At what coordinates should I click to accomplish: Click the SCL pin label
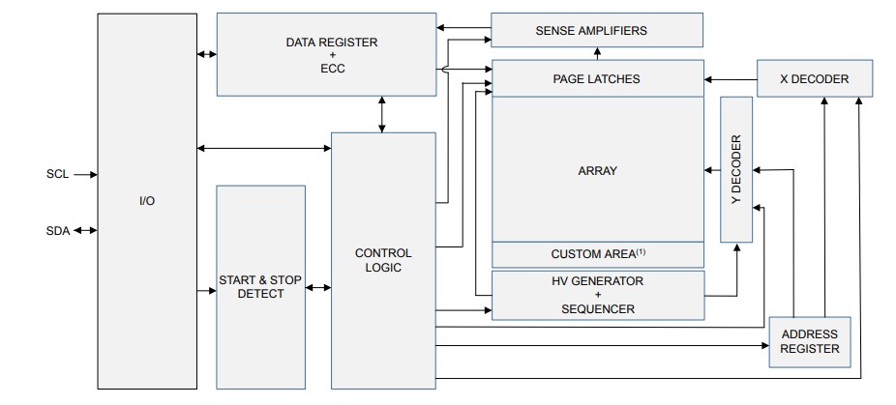coord(57,175)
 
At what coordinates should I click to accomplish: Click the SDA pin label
coord(57,230)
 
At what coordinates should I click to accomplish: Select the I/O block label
coord(146,201)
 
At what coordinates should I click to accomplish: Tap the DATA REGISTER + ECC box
coord(325,55)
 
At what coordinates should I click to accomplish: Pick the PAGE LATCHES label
coord(596,79)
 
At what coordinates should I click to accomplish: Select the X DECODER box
coord(814,79)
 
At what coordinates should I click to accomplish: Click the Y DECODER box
coord(735,169)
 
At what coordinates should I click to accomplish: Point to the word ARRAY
coord(597,171)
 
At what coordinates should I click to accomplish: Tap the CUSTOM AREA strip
coord(597,254)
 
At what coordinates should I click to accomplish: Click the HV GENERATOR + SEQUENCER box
coord(597,295)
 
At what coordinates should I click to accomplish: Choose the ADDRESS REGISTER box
coord(810,341)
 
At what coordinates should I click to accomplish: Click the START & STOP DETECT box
coord(260,287)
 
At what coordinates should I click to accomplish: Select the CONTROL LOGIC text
coord(383,260)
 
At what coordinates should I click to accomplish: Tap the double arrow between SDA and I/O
coord(84,230)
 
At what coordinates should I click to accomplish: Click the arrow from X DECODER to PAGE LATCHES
coord(730,79)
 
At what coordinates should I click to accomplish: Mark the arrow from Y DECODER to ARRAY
coord(712,171)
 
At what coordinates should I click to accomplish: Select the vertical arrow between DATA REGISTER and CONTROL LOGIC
coord(383,114)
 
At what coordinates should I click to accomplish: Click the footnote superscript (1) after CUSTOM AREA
coord(641,251)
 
